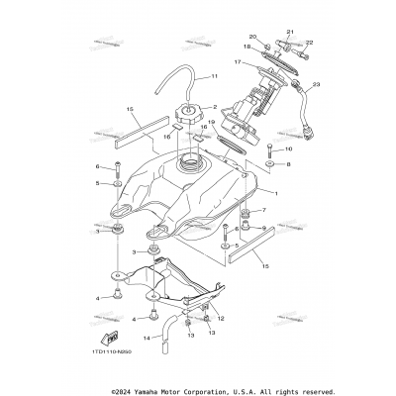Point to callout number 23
[316, 86]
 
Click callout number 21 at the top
[290, 33]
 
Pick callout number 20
[253, 38]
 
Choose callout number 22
[308, 43]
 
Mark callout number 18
[247, 47]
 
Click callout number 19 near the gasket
[211, 122]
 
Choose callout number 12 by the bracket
[220, 317]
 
